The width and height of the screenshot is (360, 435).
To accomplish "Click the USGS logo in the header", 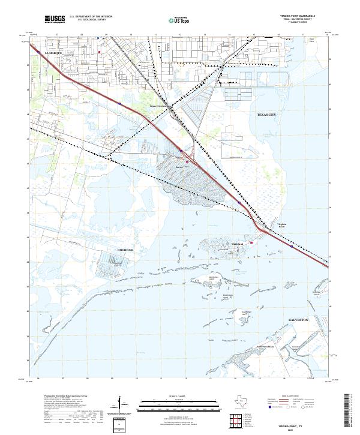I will click(55, 20).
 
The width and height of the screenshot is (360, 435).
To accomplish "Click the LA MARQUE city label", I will click(55, 53).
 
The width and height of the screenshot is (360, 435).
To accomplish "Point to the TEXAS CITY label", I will click(267, 115).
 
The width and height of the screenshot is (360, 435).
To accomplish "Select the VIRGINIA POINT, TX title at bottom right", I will click(302, 424).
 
